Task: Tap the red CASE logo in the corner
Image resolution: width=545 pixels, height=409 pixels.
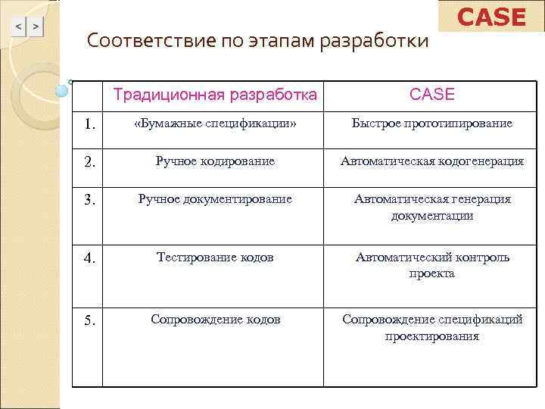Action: (x=491, y=17)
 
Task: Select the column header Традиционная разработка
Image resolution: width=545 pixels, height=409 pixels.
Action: (x=215, y=95)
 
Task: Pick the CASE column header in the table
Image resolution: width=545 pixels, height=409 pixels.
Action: (x=431, y=95)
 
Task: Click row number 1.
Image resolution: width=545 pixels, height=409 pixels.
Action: (x=89, y=123)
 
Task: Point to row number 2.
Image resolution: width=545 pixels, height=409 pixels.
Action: (x=89, y=161)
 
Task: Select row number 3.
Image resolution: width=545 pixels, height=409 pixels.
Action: (x=89, y=200)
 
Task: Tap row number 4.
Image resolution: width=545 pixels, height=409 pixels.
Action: (x=89, y=258)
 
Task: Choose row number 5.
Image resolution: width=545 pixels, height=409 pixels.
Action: (x=89, y=320)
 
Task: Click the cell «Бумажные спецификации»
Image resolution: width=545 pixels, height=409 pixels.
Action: (x=215, y=123)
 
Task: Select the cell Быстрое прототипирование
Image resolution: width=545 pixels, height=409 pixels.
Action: (x=431, y=123)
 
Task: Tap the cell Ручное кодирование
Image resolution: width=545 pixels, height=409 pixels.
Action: (x=215, y=161)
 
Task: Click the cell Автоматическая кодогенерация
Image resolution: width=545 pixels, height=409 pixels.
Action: (x=431, y=161)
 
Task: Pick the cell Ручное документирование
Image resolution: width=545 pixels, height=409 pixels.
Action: (x=215, y=198)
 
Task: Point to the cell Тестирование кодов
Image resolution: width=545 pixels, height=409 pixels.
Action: (x=215, y=257)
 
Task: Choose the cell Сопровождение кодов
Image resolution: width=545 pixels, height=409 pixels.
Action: (x=215, y=319)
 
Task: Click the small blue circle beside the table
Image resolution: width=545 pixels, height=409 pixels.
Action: (x=63, y=91)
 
